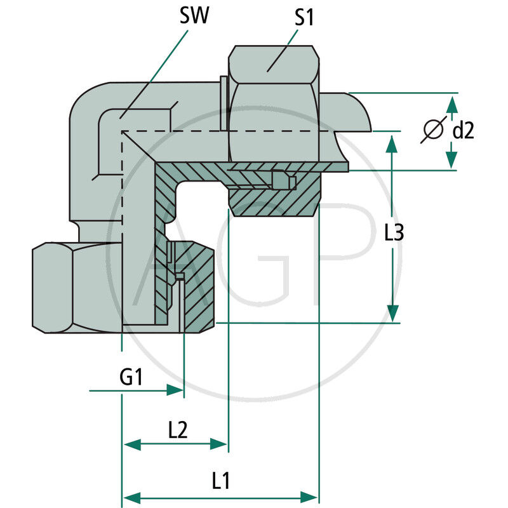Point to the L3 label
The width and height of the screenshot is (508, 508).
point(394,234)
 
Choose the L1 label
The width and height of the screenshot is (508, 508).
point(220,481)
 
